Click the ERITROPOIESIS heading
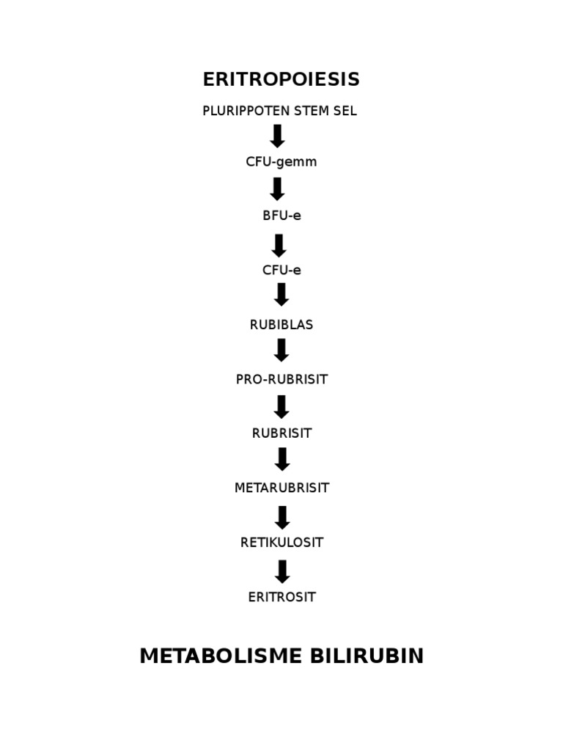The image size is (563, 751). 281,79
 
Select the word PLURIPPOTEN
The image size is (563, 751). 246,111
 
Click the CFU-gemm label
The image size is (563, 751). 281,162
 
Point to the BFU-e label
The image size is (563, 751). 281,216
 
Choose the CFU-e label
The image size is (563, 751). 281,270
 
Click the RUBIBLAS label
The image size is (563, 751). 281,325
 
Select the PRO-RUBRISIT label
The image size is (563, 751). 281,379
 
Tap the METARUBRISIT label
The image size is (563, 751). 281,488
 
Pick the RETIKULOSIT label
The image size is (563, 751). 281,543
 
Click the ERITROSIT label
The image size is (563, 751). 281,597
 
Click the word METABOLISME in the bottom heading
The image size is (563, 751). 221,656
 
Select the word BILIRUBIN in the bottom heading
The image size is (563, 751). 367,656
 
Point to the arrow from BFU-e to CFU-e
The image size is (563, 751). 279,246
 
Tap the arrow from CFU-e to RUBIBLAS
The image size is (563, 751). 281,295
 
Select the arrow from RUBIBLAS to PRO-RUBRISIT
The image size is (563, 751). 281,350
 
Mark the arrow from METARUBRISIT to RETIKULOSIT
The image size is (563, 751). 282,518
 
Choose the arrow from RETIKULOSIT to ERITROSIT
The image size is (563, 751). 282,572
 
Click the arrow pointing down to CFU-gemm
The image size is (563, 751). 278,136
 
